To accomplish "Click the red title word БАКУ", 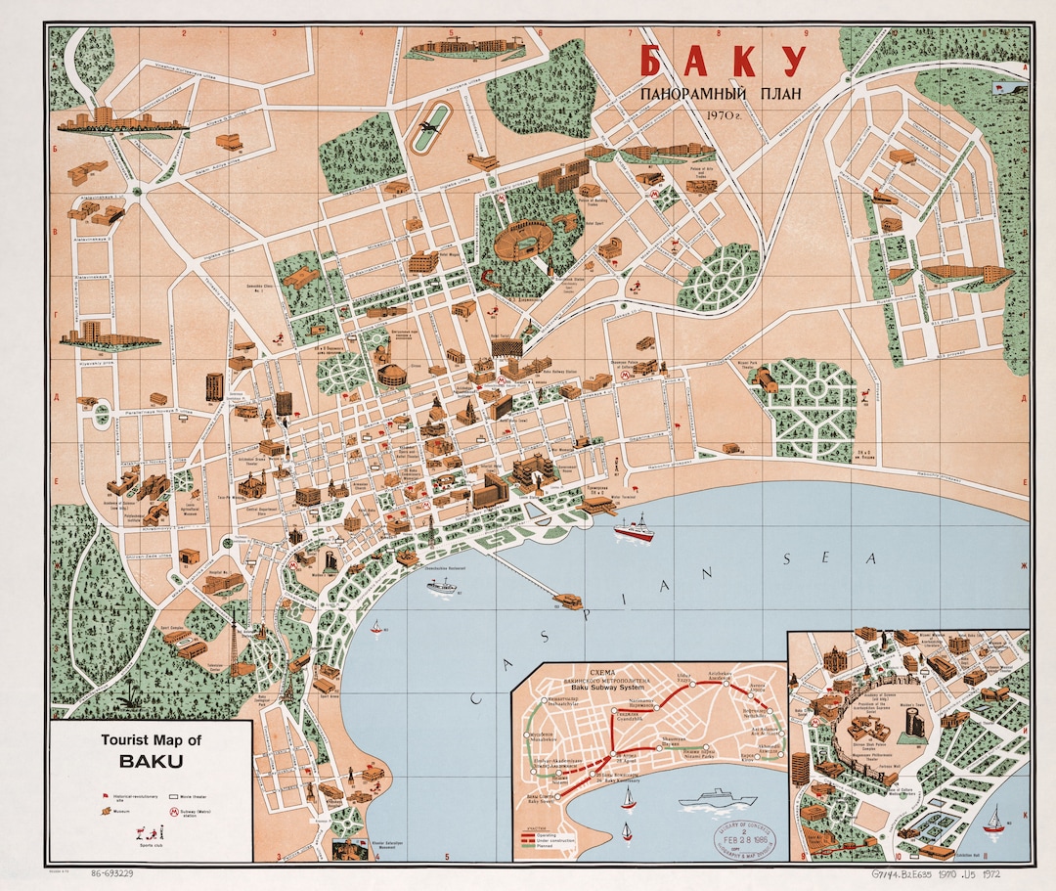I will pos(723,61).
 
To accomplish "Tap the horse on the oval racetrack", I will pos(427,128).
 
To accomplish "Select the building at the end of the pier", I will pos(566,598).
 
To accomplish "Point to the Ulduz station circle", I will pos(690,685).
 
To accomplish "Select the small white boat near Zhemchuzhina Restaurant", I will pos(441,588).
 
